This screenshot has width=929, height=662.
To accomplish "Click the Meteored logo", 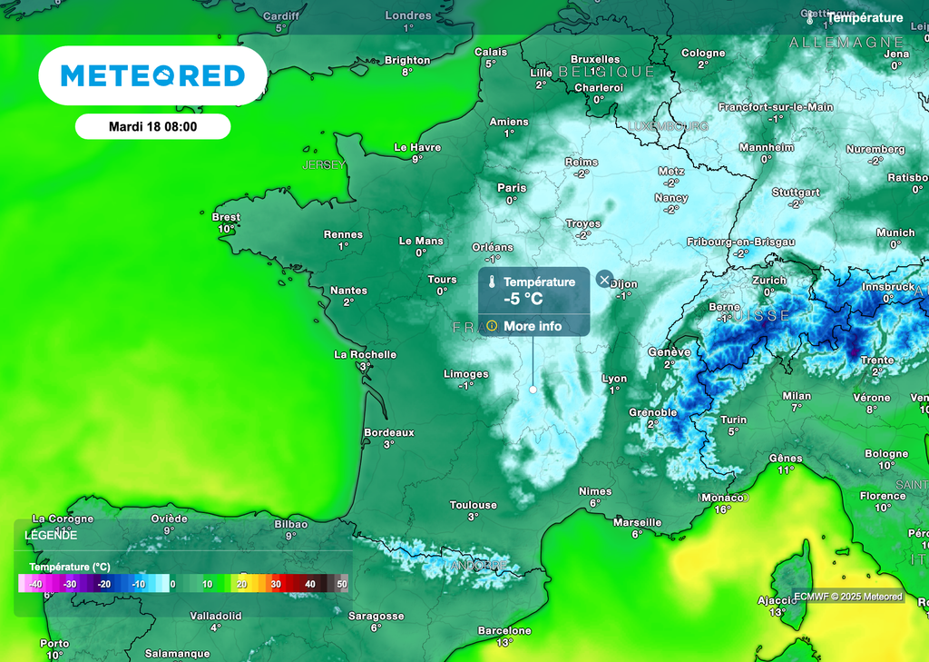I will [x=152, y=76].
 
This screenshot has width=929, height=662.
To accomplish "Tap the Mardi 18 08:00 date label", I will [x=152, y=127].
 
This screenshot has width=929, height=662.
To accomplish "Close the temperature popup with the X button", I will [x=604, y=280].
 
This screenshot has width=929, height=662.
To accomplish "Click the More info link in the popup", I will [x=533, y=326].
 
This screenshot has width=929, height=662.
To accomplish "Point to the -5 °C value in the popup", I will [x=523, y=299].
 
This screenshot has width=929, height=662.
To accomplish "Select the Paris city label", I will [x=512, y=188].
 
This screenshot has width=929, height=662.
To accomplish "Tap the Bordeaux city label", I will [x=388, y=433].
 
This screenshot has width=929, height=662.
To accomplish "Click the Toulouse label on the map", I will [x=473, y=505].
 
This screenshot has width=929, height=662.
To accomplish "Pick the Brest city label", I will [x=226, y=217].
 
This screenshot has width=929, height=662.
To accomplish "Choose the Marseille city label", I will [x=637, y=522].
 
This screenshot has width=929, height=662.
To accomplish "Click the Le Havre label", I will [x=417, y=147].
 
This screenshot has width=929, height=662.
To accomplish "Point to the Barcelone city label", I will [x=504, y=630].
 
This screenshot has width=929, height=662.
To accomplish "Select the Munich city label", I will [x=895, y=232].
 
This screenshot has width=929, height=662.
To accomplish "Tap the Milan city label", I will [x=797, y=396].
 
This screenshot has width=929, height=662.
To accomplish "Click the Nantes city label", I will [x=348, y=291].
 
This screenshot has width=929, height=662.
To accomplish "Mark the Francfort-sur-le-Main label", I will [x=776, y=106].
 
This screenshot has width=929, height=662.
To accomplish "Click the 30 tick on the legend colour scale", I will [x=276, y=584].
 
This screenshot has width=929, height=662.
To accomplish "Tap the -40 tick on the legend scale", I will [x=36, y=584].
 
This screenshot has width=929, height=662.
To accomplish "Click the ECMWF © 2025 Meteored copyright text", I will [x=848, y=597].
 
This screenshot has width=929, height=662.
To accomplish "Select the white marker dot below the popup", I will [x=533, y=389].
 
